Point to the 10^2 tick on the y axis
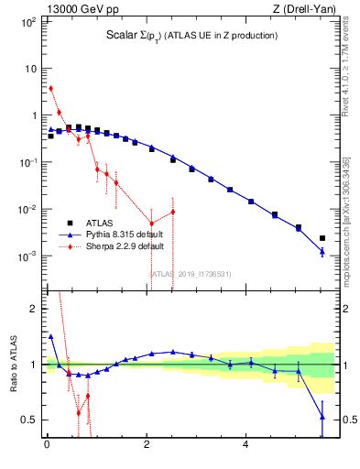tap(27, 22)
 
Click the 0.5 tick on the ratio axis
tap(28, 420)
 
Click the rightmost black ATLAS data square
tap(322, 238)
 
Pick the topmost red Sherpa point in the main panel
tap(50, 89)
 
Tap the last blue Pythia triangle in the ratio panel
tap(322, 417)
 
